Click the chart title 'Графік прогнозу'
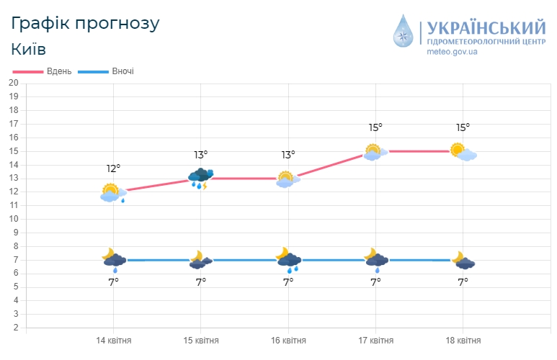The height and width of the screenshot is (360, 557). [x=85, y=22]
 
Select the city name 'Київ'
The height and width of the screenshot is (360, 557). [x=29, y=49]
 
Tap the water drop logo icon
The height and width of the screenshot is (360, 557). [x=405, y=32]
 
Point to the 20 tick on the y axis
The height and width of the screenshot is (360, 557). [x=13, y=82]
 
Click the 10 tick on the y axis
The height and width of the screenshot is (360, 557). [x=13, y=219]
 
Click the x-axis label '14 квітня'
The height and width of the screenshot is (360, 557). [x=114, y=341]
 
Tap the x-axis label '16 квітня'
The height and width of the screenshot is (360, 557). [x=288, y=341]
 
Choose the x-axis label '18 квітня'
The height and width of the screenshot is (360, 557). [x=463, y=341]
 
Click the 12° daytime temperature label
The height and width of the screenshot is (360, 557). [x=113, y=168]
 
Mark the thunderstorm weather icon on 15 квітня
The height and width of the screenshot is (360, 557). [x=200, y=178]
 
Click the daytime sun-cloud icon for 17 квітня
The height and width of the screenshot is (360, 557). [x=375, y=152]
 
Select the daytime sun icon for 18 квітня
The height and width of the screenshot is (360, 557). [x=463, y=152]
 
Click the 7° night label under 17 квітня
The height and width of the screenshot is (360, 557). [x=375, y=282]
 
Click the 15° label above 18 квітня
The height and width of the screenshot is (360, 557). [x=463, y=127]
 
